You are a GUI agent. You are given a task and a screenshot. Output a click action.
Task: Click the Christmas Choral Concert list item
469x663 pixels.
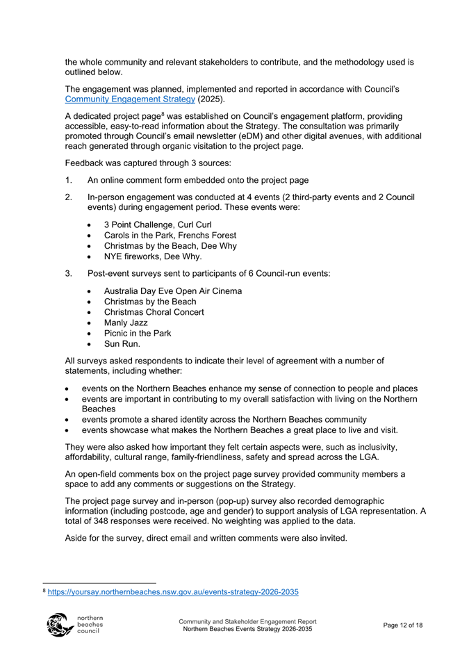point(154,312)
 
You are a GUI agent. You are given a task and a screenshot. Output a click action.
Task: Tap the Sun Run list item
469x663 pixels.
point(122,344)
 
